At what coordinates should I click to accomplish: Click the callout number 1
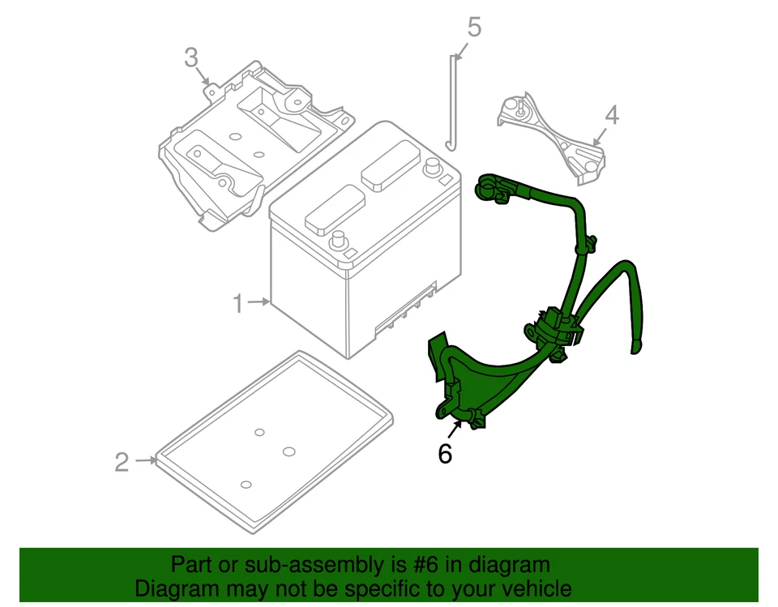coord(237,304)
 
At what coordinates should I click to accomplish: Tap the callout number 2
coord(122,462)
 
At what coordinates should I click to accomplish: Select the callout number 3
coord(190,58)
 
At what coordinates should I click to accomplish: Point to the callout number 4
coord(611,115)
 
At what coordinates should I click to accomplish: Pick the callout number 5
coord(474,27)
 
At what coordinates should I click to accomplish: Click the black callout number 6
coord(445,454)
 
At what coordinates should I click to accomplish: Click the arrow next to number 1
coord(259,303)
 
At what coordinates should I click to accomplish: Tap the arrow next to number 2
coord(146,461)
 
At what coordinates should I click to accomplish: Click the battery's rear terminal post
coord(432,167)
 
